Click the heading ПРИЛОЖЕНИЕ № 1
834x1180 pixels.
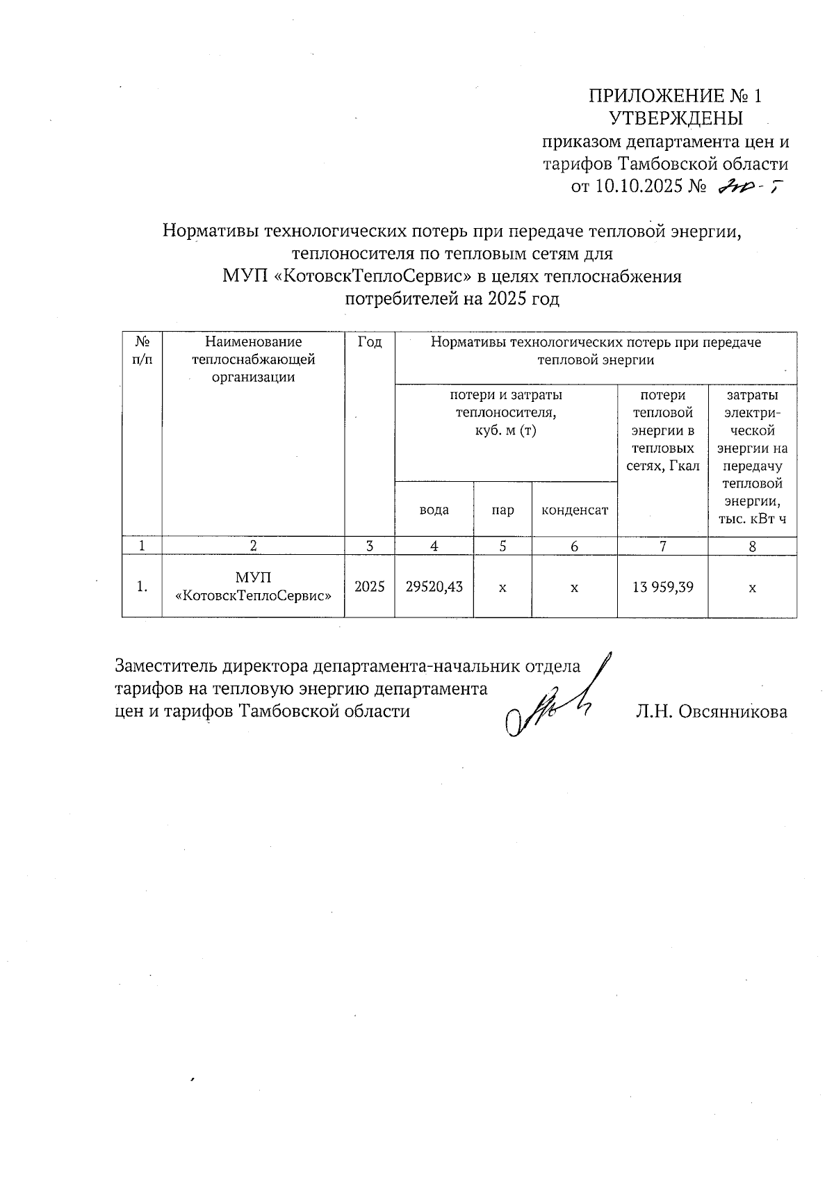point(675,95)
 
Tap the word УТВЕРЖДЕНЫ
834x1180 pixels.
point(676,118)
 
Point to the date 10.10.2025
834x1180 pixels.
point(637,187)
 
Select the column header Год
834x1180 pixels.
point(369,342)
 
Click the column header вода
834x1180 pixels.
point(434,510)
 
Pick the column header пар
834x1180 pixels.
point(502,510)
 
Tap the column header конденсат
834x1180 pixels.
point(574,510)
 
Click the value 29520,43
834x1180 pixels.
point(434,587)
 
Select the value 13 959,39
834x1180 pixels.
point(662,587)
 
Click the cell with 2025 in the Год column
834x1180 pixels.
point(369,587)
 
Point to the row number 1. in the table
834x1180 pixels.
point(142,587)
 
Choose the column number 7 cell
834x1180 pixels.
point(662,547)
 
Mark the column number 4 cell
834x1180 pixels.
point(434,547)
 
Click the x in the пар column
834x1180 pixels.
point(502,588)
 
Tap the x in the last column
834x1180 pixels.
point(752,588)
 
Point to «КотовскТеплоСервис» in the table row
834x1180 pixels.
point(253,596)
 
